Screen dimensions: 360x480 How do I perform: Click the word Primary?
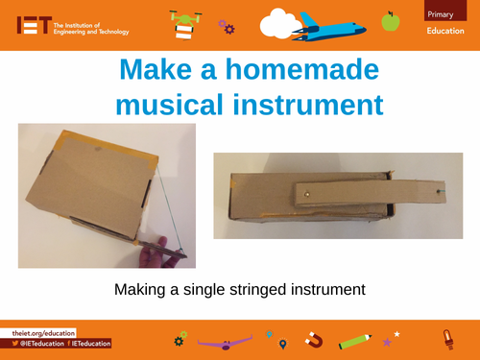click(x=441, y=12)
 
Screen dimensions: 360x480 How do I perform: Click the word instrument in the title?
click(x=303, y=103)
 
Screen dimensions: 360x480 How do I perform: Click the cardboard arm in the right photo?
click(x=369, y=193)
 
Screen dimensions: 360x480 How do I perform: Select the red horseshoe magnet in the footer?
click(x=311, y=340)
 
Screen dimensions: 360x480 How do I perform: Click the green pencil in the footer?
click(x=354, y=340)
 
